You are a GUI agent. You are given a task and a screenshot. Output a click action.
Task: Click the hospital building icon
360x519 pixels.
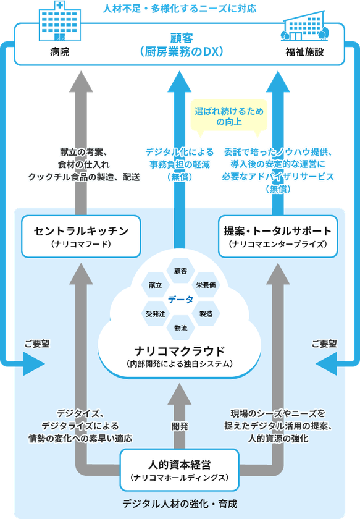click(60, 20)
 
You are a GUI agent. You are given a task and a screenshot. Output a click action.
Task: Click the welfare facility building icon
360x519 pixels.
click(304, 26)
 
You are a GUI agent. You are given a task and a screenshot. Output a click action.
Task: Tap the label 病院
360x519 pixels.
click(59, 52)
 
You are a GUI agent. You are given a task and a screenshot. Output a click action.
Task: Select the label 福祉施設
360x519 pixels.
click(304, 52)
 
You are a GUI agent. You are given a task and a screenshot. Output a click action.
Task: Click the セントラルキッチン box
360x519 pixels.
click(81, 236)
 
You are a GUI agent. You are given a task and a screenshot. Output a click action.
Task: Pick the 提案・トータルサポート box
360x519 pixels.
click(278, 236)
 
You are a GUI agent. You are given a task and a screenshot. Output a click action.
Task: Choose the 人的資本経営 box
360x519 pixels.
click(179, 470)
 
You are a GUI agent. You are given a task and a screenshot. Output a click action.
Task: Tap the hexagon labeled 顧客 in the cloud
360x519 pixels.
click(181, 271)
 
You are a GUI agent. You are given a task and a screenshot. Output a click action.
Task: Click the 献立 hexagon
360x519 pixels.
click(155, 285)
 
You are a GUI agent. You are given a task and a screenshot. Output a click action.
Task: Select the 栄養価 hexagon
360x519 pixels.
click(206, 285)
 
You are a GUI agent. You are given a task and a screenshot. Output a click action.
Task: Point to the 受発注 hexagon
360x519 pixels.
click(155, 313)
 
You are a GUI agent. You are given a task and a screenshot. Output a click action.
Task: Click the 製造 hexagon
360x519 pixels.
click(206, 313)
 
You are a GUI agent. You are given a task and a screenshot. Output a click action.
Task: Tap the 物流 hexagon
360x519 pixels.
click(181, 328)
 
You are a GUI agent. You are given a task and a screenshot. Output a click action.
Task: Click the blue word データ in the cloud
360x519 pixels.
click(181, 300)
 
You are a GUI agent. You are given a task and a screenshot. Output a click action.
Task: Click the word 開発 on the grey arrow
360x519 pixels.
click(180, 426)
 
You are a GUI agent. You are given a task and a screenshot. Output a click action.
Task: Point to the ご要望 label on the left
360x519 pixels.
click(37, 344)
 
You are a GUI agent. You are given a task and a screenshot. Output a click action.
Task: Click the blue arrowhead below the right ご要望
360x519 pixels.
click(327, 364)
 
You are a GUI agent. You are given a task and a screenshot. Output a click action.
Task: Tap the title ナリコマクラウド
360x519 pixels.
click(180, 351)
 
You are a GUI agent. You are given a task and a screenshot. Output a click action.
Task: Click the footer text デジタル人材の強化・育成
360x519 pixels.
click(180, 504)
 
